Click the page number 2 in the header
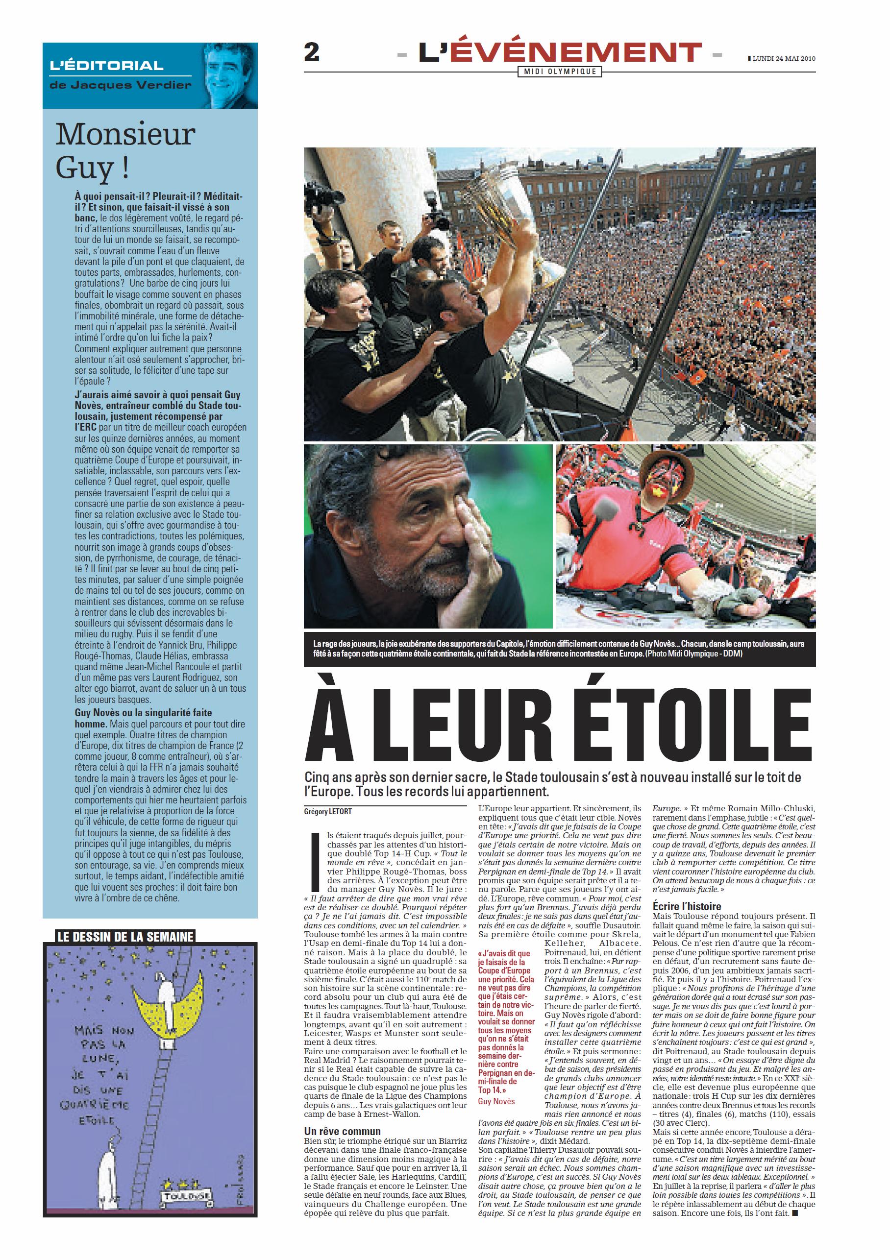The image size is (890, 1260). coord(311,53)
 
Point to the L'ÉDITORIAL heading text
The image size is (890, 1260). coord(106,66)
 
